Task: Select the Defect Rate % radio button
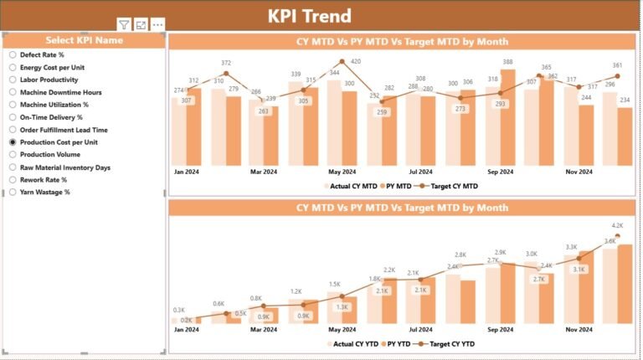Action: pyautogui.click(x=13, y=54)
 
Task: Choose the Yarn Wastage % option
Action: pyautogui.click(x=13, y=192)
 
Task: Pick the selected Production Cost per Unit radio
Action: pyautogui.click(x=13, y=142)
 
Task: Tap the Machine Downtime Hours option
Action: pyautogui.click(x=13, y=92)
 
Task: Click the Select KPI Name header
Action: pyautogui.click(x=84, y=40)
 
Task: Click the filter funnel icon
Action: pyautogui.click(x=124, y=25)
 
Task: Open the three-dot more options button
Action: pyautogui.click(x=157, y=25)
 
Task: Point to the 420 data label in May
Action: pyautogui.click(x=355, y=61)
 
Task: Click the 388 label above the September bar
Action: pyautogui.click(x=507, y=62)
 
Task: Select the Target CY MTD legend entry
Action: pyautogui.click(x=453, y=186)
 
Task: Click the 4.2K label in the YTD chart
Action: pyautogui.click(x=618, y=225)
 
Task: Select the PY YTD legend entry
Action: pyautogui.click(x=396, y=344)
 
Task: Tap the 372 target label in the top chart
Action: pyautogui.click(x=226, y=63)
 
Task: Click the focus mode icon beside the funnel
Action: pyautogui.click(x=141, y=25)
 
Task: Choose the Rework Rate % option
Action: pyautogui.click(x=13, y=179)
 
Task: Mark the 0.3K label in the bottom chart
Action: pyautogui.click(x=178, y=310)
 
